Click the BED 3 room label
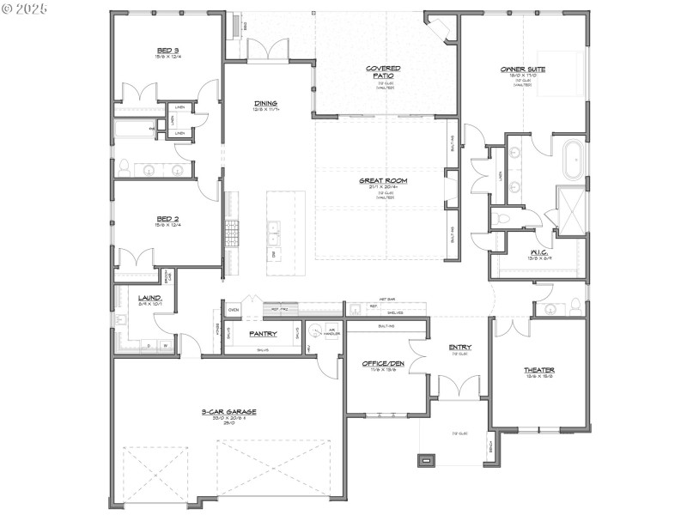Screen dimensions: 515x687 click(x=167, y=51)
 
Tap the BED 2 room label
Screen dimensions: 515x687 click(x=167, y=219)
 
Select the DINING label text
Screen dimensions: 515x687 click(x=265, y=104)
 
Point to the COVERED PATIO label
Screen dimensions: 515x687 click(x=384, y=71)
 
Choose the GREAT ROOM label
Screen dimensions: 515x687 click(x=383, y=181)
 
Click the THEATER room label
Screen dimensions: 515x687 click(x=539, y=370)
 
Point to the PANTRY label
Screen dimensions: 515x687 click(x=262, y=333)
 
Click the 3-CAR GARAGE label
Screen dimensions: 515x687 click(x=228, y=412)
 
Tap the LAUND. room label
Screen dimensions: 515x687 click(x=150, y=298)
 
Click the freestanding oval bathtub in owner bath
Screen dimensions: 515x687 click(x=571, y=160)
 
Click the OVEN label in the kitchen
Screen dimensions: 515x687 click(x=233, y=309)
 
